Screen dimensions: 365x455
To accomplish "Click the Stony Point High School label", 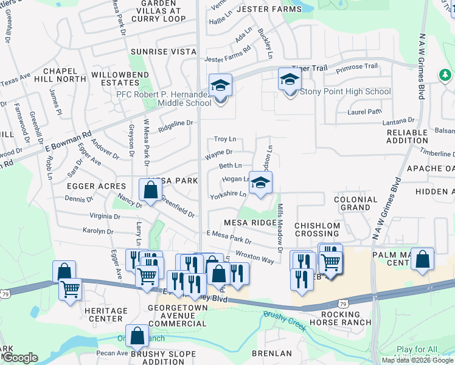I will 347,92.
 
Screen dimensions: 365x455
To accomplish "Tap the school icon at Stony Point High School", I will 290,80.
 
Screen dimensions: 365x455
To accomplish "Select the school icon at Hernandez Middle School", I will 220,86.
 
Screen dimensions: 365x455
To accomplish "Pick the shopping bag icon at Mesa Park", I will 150,190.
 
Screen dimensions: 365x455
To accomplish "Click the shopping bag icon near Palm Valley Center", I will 423,260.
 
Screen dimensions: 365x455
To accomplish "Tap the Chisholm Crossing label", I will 316,229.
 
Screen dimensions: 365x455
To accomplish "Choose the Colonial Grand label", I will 355,203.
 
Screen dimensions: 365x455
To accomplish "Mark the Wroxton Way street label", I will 254,257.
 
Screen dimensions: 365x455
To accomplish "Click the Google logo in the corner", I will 19,358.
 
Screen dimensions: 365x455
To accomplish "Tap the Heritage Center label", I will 106,315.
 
